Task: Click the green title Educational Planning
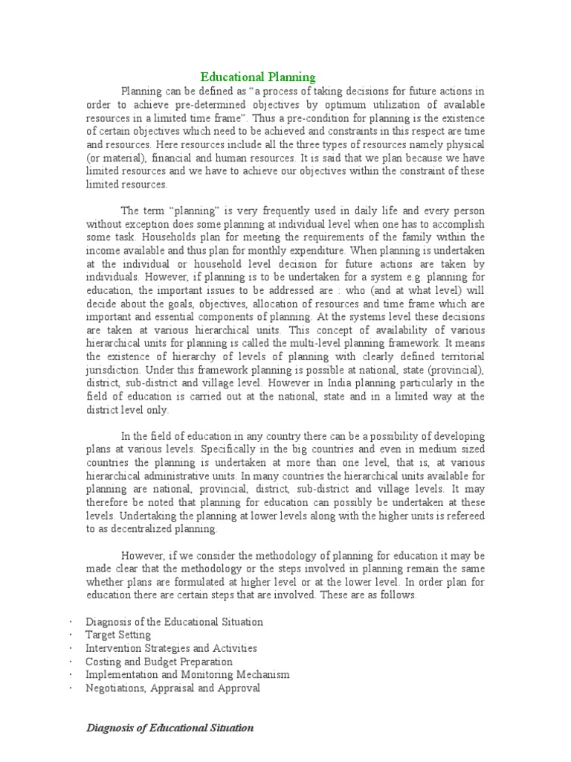259,77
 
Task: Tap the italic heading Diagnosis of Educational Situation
170,728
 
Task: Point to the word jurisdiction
113,369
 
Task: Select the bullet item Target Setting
118,635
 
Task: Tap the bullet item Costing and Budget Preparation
159,662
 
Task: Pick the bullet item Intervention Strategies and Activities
171,648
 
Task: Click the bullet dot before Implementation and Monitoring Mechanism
69,675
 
